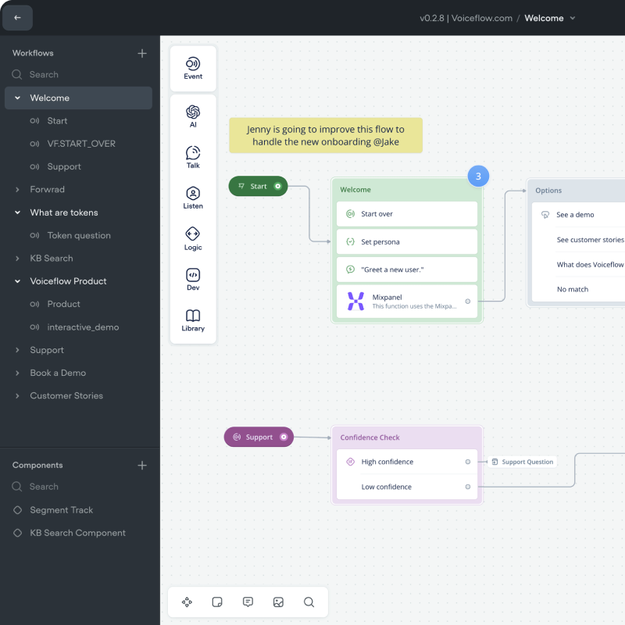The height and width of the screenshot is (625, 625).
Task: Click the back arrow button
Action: pyautogui.click(x=18, y=17)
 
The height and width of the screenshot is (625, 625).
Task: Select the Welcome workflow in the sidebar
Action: pyautogui.click(x=50, y=98)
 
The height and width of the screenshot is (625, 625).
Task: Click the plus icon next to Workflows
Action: pyautogui.click(x=142, y=53)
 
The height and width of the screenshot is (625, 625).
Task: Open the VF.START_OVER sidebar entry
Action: pyautogui.click(x=81, y=144)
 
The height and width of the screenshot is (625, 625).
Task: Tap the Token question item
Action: pyautogui.click(x=79, y=235)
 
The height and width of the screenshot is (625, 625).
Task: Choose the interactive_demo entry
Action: pyautogui.click(x=83, y=327)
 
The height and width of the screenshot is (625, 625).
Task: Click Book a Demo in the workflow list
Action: pyautogui.click(x=58, y=373)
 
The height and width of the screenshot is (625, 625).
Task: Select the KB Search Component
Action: pyautogui.click(x=77, y=533)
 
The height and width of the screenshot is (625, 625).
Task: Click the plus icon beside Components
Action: pyautogui.click(x=142, y=465)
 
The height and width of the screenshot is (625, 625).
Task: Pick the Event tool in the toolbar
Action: pyautogui.click(x=193, y=68)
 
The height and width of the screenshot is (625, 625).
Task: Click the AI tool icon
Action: pyautogui.click(x=193, y=116)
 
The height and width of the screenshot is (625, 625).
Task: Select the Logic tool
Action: pyautogui.click(x=193, y=238)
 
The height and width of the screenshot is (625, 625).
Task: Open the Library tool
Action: pyautogui.click(x=193, y=320)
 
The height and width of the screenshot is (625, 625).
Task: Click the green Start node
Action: pyautogui.click(x=258, y=186)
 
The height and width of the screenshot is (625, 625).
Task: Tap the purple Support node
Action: pyautogui.click(x=259, y=437)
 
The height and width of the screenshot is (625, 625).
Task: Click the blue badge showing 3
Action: pyautogui.click(x=478, y=177)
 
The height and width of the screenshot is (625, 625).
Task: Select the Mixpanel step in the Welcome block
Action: pyautogui.click(x=406, y=301)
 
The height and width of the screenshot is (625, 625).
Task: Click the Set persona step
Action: pyautogui.click(x=406, y=242)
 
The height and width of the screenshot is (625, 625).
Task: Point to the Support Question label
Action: pyautogui.click(x=523, y=462)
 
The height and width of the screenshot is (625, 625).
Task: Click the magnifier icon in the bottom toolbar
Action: pyautogui.click(x=309, y=602)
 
